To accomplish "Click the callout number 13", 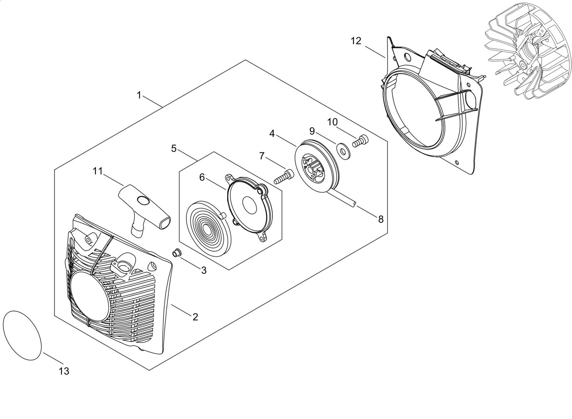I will pos(64,371).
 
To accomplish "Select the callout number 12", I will pos(356,41).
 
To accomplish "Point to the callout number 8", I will pos(380,219).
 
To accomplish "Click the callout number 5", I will pos(174,148).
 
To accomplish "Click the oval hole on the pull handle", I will pos(144,201).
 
